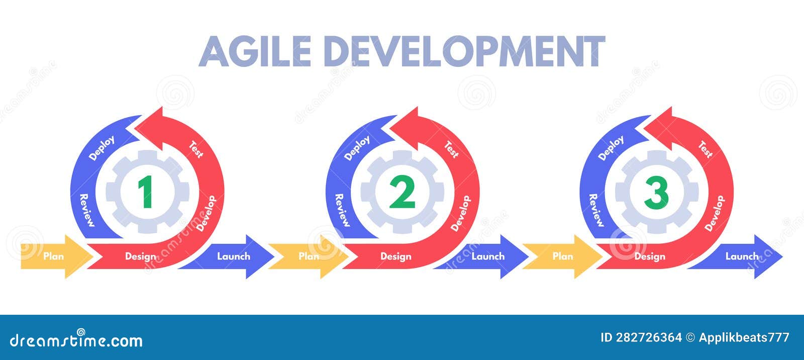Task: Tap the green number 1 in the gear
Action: (x=145, y=192)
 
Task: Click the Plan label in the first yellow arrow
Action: (x=53, y=256)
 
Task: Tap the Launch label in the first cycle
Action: (x=233, y=256)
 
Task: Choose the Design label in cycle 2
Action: (x=395, y=257)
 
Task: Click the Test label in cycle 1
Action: (x=196, y=149)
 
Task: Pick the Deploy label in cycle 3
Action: (x=611, y=148)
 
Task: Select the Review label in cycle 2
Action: (x=342, y=210)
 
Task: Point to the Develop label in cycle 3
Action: (x=715, y=213)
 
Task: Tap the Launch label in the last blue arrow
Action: (x=742, y=256)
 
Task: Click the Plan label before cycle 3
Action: (x=563, y=256)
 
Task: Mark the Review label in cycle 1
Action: (x=87, y=210)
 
